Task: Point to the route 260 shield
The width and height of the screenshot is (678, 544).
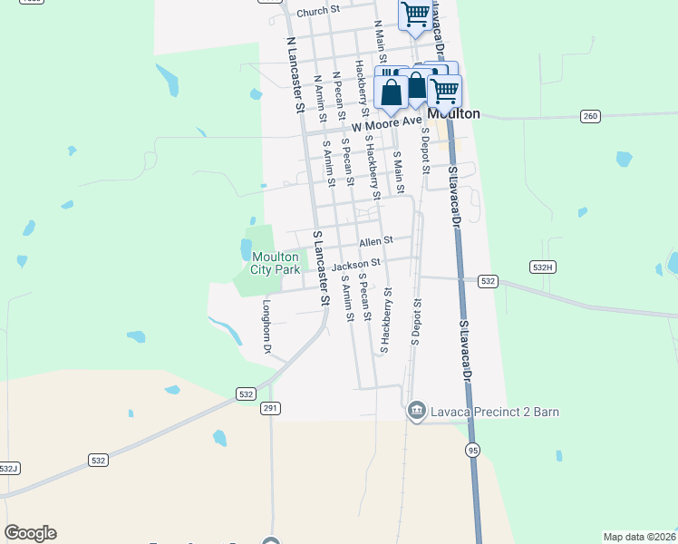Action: [591, 115]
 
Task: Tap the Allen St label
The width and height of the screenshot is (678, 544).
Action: [375, 242]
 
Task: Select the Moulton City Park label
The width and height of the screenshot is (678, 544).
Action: [276, 264]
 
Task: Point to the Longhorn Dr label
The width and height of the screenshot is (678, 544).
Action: [268, 327]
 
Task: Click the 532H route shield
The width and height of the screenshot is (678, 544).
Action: [542, 267]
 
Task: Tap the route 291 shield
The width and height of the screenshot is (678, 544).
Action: [270, 409]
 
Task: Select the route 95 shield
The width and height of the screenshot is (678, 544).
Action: [472, 450]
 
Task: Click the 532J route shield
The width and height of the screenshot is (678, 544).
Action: [8, 468]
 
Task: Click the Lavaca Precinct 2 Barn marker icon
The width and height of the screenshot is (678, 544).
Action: [416, 412]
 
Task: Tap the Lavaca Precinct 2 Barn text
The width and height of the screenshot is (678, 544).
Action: [494, 412]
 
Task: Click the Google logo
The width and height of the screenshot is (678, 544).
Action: [30, 533]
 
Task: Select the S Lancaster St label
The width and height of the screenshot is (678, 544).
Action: [320, 267]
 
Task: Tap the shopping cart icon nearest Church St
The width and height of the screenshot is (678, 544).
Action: [415, 15]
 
